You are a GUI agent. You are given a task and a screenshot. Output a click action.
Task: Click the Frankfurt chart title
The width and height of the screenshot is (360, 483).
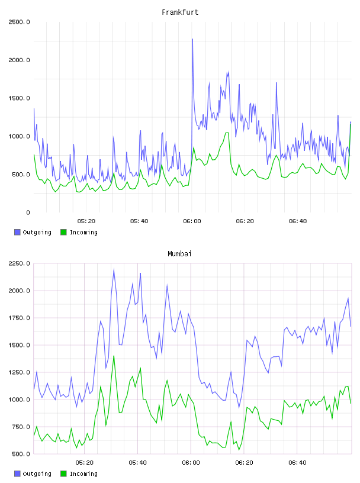tap(180, 12)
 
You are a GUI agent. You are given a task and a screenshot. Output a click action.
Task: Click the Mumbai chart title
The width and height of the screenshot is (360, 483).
tap(179, 253)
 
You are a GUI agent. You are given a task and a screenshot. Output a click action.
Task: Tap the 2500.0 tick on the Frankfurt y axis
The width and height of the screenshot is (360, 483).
tap(20, 22)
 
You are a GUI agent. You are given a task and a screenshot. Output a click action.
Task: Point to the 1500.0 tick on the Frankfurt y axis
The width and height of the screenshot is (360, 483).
tap(20, 98)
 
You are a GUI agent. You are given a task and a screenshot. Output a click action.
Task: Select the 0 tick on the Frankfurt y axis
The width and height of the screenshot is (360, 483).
tap(28, 212)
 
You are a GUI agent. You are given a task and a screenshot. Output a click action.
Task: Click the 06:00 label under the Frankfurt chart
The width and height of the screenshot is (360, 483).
tap(192, 221)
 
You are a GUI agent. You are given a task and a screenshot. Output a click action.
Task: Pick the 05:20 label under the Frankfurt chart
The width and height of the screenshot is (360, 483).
tap(86, 221)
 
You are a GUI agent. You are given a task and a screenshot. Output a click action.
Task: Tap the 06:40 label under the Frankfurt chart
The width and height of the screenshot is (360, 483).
tap(298, 221)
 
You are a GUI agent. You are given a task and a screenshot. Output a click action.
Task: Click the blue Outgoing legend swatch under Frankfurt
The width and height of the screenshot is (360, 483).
tap(17, 232)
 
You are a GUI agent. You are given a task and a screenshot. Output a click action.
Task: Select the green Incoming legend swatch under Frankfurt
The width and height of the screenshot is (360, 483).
tap(63, 232)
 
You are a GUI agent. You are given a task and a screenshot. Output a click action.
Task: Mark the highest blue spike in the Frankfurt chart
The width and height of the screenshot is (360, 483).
tap(192, 39)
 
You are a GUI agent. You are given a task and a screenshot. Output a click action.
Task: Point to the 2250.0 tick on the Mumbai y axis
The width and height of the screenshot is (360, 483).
tap(20, 263)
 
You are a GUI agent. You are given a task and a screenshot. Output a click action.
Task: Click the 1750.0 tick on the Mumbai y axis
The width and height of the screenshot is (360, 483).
tap(20, 318)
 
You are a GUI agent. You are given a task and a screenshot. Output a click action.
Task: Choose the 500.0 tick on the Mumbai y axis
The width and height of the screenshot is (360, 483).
tap(20, 454)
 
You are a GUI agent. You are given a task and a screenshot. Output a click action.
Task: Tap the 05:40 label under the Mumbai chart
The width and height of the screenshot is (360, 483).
tap(137, 463)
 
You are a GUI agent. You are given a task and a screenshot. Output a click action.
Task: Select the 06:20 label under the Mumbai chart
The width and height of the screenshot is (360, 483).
tap(244, 463)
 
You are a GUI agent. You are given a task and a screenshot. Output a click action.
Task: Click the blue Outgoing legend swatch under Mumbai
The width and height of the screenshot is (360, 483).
tap(17, 474)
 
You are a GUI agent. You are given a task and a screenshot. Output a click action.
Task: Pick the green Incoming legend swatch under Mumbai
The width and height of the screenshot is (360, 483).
tap(63, 474)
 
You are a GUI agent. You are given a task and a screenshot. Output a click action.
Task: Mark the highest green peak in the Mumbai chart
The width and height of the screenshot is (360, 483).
tap(114, 356)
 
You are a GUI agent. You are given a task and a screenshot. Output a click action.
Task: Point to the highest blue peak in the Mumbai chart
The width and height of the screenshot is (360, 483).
tap(114, 269)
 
